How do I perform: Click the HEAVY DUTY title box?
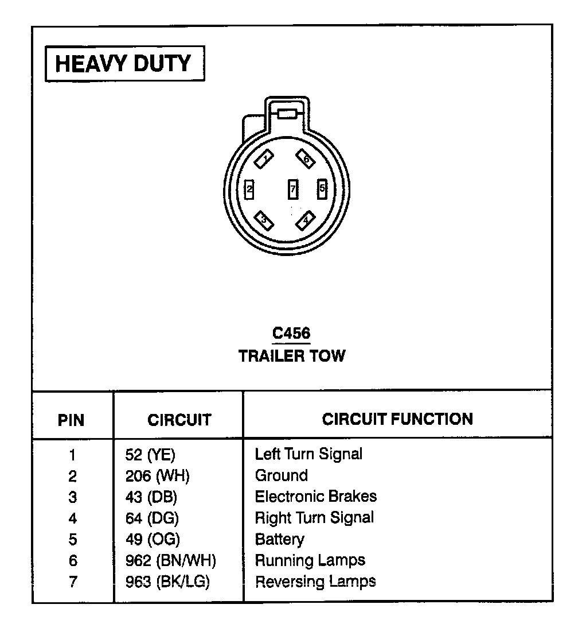coord(124,64)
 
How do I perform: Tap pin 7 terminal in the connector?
coord(292,188)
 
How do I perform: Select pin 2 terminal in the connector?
coord(249,188)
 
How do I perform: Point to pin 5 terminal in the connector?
coord(322,188)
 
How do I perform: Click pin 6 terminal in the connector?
coord(305,158)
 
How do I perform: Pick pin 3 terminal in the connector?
coord(263,219)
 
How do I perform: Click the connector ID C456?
coord(291,334)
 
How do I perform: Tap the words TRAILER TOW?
coord(292,356)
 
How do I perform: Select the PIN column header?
coord(72,420)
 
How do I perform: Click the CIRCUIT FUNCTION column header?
coord(397,419)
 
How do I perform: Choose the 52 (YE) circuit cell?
coord(150,455)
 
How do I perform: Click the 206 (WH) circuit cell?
coord(157,476)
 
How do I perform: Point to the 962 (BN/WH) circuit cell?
coord(170,560)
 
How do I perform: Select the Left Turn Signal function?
coord(308,454)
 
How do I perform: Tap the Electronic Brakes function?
coord(316,496)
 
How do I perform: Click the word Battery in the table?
coord(280,539)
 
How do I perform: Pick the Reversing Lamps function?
coord(315,581)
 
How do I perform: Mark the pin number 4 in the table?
coord(72,518)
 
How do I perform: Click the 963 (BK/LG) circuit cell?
coord(167,582)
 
